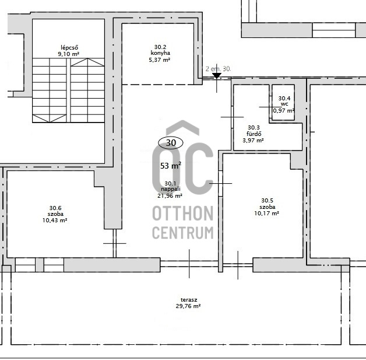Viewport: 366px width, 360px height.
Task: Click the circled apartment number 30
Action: click(x=171, y=142)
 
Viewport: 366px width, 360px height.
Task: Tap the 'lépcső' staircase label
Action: click(x=69, y=47)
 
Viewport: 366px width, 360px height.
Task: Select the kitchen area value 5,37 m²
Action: click(x=160, y=60)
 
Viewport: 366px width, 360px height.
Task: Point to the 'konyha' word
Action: click(x=160, y=53)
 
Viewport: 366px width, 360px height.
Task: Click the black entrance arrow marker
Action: click(x=217, y=76)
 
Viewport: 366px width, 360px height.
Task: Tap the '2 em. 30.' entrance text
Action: click(x=218, y=69)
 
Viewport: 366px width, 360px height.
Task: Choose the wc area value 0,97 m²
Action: click(x=284, y=110)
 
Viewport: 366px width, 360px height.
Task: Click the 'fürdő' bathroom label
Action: click(x=254, y=134)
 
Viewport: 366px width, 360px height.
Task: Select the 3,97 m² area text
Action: click(x=254, y=141)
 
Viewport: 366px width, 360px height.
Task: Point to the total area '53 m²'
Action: click(x=171, y=166)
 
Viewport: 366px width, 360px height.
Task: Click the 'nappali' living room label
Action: click(x=171, y=189)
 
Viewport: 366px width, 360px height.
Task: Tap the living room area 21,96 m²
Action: click(x=170, y=196)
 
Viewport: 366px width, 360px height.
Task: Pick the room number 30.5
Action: click(x=268, y=201)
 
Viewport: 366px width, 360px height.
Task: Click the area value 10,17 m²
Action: click(x=267, y=214)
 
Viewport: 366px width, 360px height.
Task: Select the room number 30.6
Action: click(x=55, y=208)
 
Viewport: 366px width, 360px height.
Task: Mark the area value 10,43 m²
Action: click(x=55, y=221)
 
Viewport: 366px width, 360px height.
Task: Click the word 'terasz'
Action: click(x=189, y=300)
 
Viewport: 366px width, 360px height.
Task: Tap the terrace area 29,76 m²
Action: click(x=188, y=306)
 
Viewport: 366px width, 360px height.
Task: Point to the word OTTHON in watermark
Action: click(x=183, y=214)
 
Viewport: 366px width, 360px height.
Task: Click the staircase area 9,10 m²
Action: click(x=69, y=54)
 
